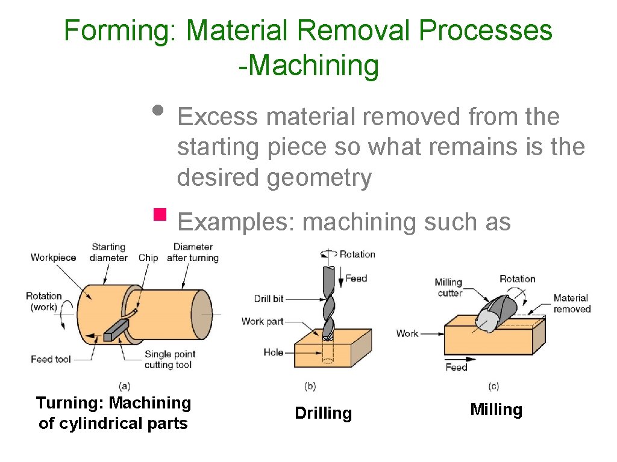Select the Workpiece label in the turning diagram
click(x=53, y=257)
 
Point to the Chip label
click(x=148, y=257)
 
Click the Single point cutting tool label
click(x=166, y=360)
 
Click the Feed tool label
click(x=51, y=359)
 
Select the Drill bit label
click(x=269, y=298)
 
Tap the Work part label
click(x=262, y=321)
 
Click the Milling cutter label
click(x=449, y=287)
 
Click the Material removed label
click(x=571, y=303)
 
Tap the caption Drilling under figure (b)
click(x=323, y=413)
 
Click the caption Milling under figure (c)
click(x=495, y=410)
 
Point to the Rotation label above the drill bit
click(x=357, y=254)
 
